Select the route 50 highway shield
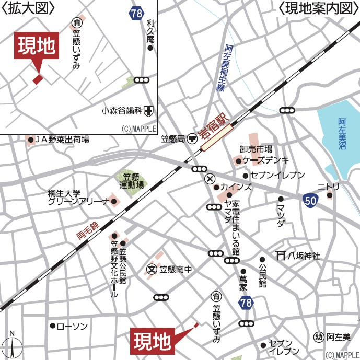click(x=310, y=199)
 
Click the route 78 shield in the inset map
click(x=137, y=13)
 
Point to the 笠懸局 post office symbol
click(x=192, y=138)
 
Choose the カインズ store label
click(x=236, y=187)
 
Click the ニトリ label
click(x=328, y=187)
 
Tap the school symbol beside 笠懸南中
click(x=152, y=270)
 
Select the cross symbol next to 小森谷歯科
click(x=149, y=110)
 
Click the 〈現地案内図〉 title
click(x=318, y=9)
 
